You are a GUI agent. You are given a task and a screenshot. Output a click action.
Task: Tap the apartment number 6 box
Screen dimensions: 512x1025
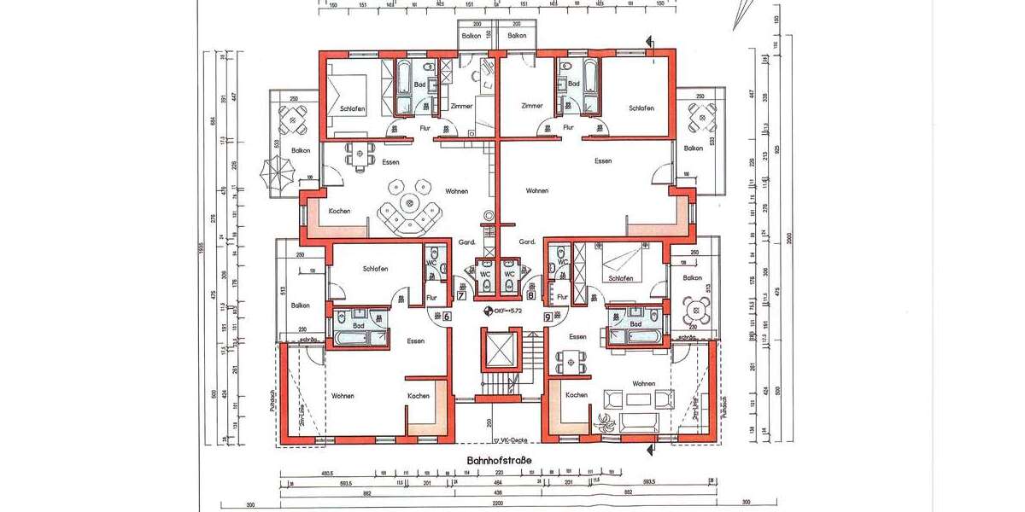(448, 316)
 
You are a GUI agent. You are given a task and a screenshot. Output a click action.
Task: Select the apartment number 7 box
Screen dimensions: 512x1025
(462, 296)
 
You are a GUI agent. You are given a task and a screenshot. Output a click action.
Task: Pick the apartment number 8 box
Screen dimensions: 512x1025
(531, 296)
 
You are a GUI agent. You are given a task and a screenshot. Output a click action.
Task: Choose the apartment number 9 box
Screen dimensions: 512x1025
(547, 316)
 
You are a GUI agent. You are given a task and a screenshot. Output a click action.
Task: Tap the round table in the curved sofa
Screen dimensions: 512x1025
(411, 204)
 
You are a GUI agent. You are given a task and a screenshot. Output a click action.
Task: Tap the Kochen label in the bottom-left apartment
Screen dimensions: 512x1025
(419, 396)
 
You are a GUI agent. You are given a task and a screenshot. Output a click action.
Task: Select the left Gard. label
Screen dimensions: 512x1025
(466, 242)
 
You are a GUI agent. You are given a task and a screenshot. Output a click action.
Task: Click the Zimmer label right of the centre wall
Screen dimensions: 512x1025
(532, 106)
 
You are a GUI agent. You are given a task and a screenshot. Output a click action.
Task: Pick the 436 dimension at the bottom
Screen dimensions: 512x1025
(496, 493)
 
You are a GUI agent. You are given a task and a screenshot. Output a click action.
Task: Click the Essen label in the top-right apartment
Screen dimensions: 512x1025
(603, 160)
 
